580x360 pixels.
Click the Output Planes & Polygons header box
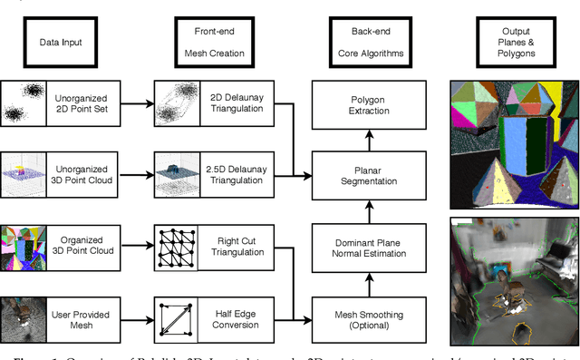[x=510, y=42]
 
